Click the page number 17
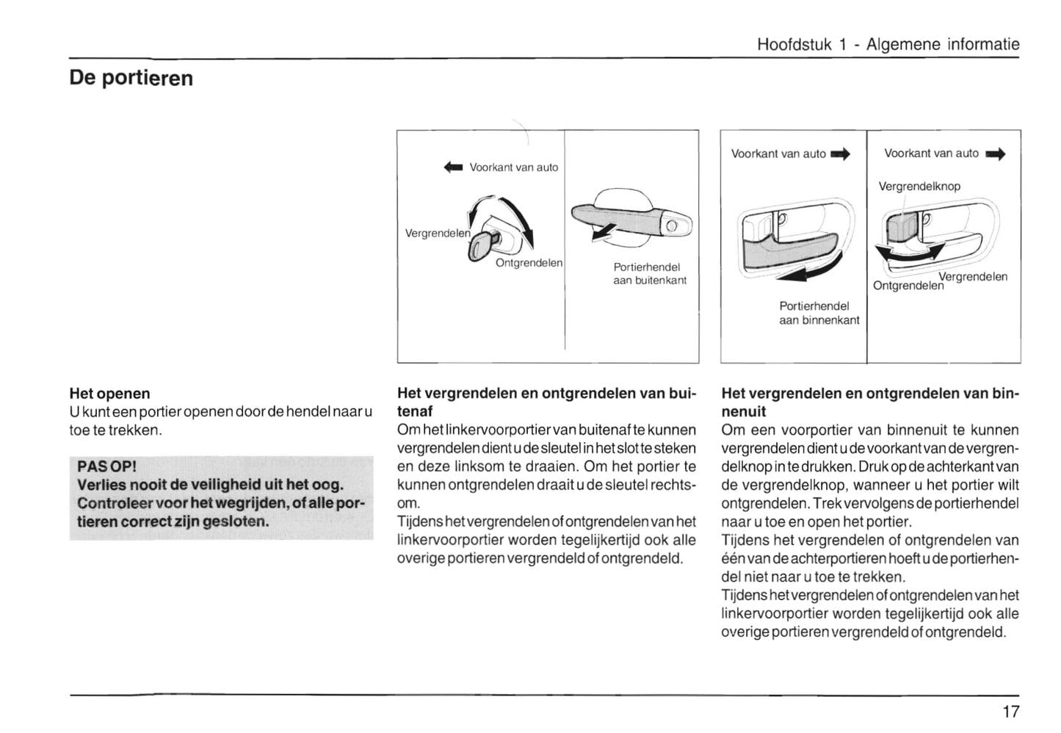click(1010, 711)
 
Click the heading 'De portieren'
click(131, 78)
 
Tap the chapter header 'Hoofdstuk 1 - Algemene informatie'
click(888, 44)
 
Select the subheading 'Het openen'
click(109, 394)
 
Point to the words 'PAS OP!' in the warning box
click(107, 466)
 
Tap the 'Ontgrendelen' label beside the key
click(529, 263)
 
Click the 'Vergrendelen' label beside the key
click(438, 233)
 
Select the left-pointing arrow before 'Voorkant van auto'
click(454, 167)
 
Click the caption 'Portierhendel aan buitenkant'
click(650, 273)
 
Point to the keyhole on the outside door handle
click(671, 225)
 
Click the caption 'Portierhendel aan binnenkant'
click(819, 313)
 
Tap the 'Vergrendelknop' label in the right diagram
click(919, 187)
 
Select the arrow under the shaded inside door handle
click(800, 274)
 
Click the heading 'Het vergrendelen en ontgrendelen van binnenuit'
click(870, 402)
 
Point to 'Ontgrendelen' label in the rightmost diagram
click(908, 285)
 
